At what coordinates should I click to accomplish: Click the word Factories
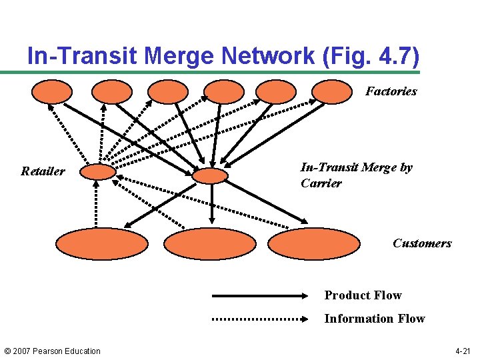click(x=391, y=91)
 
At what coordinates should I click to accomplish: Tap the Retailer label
click(x=43, y=171)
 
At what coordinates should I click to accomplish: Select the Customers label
click(x=421, y=243)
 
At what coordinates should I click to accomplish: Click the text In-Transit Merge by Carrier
click(x=356, y=175)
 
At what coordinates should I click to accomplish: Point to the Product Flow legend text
click(x=363, y=295)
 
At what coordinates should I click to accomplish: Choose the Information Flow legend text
click(x=374, y=319)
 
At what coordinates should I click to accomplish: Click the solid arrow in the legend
click(x=260, y=295)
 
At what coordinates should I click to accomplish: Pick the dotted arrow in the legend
click(x=260, y=319)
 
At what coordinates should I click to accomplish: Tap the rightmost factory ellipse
click(x=331, y=92)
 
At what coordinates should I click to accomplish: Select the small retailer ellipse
click(x=98, y=173)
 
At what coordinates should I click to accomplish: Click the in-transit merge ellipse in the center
click(x=210, y=175)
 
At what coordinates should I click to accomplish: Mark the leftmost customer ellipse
click(x=101, y=244)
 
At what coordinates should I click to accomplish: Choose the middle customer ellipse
click(x=209, y=244)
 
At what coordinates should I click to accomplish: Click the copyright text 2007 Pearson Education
click(x=52, y=351)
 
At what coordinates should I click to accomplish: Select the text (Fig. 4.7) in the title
click(x=370, y=56)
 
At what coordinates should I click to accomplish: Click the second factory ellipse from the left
click(x=111, y=92)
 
